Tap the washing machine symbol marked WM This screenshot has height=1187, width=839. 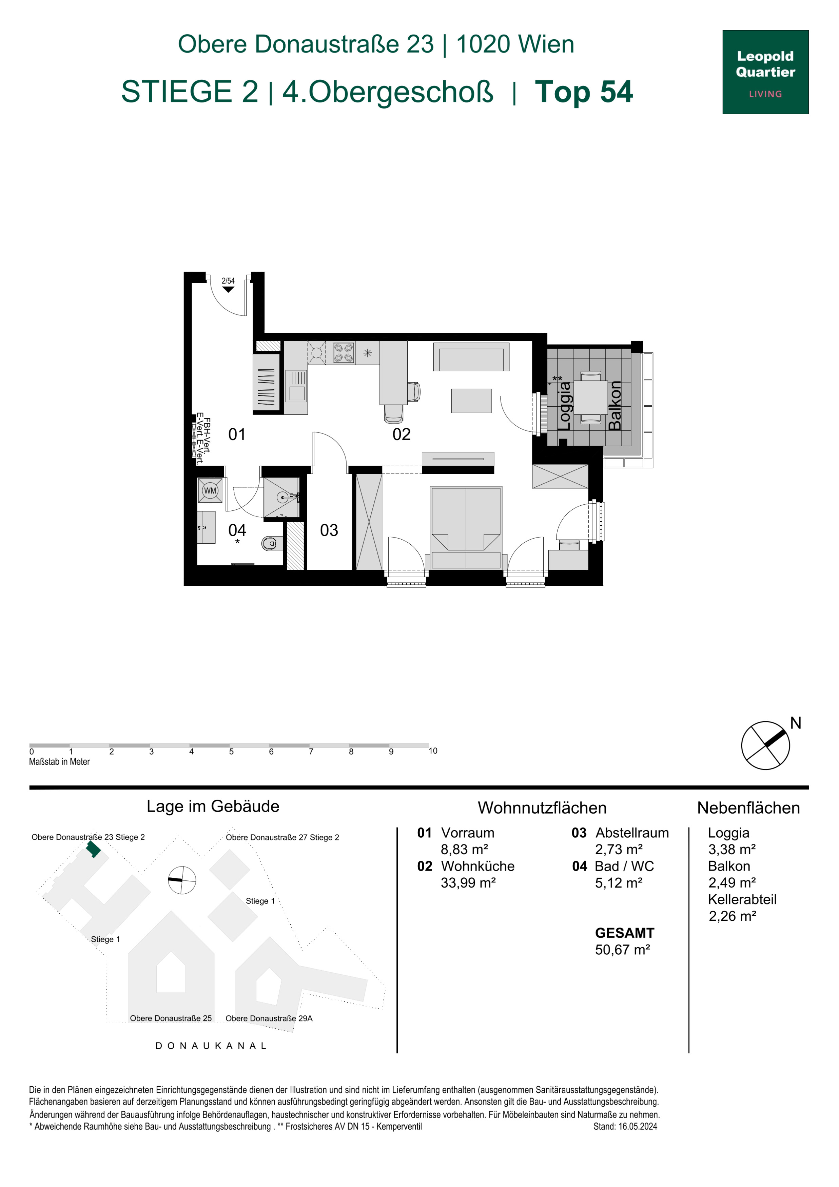click(210, 491)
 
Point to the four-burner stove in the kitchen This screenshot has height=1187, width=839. click(343, 353)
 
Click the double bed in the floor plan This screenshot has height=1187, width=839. click(466, 527)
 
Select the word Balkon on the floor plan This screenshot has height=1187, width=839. click(614, 406)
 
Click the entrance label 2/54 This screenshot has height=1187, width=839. click(228, 281)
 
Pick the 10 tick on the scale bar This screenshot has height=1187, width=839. click(433, 751)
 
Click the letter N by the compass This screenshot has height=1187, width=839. click(796, 723)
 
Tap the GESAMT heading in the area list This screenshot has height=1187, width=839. click(624, 933)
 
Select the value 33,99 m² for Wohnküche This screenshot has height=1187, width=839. click(468, 883)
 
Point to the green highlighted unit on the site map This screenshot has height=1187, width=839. click(93, 849)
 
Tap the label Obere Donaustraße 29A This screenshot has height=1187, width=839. click(269, 1018)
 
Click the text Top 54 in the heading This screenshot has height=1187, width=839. click(584, 92)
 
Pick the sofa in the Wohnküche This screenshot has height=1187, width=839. click(471, 357)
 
